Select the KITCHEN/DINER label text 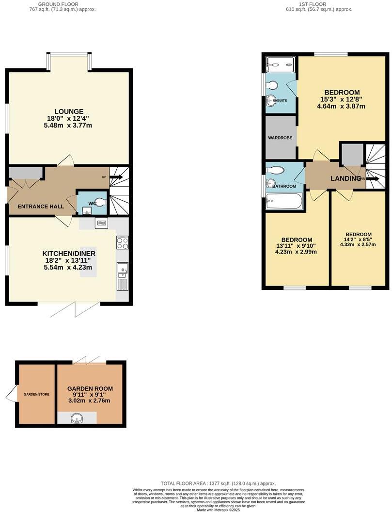69,254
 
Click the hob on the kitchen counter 122,242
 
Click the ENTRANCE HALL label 41,207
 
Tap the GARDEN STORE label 37,394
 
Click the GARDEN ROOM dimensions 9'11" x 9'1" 90,395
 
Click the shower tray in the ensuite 281,63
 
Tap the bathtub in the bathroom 284,201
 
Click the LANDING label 346,179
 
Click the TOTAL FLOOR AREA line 219,483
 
